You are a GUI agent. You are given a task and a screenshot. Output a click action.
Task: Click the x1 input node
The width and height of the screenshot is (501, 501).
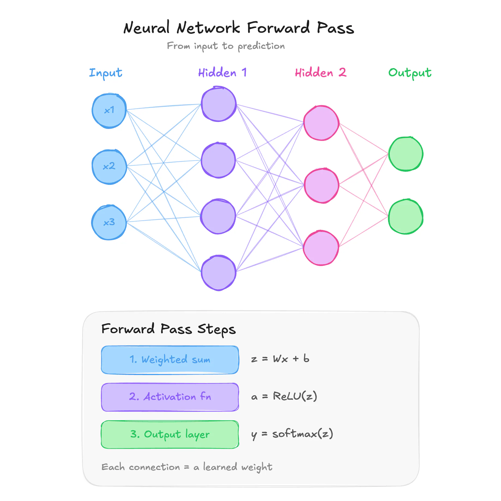point(109,111)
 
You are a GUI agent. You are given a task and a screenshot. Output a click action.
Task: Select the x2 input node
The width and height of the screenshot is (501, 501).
point(109,167)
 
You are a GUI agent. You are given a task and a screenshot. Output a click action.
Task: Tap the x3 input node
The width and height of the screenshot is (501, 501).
point(109,222)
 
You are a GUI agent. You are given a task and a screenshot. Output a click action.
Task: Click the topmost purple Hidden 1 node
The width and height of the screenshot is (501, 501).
point(219,104)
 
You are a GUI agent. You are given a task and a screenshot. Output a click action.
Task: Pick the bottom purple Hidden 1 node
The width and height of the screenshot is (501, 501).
point(219,273)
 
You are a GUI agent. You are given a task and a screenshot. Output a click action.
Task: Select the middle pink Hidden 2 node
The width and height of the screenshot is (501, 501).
point(321,185)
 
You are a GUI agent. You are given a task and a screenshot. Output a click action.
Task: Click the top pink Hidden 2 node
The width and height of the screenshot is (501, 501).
point(321,123)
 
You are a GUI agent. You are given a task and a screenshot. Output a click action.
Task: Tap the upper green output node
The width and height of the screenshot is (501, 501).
point(406,154)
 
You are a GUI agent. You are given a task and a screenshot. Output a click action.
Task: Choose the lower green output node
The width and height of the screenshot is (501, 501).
point(406,216)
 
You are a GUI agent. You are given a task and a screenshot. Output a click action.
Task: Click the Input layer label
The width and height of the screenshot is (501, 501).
point(106,73)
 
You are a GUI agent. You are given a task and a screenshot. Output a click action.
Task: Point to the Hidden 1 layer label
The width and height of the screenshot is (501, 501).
point(222,73)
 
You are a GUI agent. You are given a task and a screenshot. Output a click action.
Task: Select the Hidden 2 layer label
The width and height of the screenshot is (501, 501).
point(321,73)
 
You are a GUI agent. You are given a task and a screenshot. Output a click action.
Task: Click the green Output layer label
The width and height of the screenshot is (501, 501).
point(410,73)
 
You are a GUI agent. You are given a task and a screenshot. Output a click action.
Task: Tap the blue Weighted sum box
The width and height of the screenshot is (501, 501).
point(170,360)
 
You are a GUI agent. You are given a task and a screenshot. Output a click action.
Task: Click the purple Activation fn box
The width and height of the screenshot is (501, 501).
point(170,397)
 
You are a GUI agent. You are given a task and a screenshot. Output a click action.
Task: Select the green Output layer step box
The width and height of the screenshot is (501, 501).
point(170,434)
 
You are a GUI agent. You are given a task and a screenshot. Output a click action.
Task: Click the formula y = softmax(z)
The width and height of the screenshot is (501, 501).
point(292,434)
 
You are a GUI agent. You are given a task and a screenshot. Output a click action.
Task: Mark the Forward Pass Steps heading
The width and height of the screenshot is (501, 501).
point(168,329)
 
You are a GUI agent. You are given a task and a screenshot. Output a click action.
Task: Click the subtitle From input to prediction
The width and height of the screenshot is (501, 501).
point(226,46)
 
